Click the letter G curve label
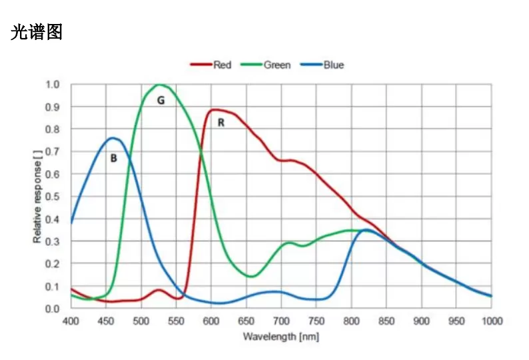click(x=161, y=100)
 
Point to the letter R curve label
click(x=221, y=123)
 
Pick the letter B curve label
click(x=113, y=158)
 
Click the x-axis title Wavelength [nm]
click(x=280, y=337)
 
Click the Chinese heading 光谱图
click(x=37, y=31)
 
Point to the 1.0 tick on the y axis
click(x=52, y=85)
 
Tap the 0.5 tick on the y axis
click(x=52, y=197)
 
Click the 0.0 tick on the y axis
click(x=52, y=309)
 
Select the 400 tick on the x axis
click(x=71, y=321)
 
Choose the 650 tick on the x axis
click(x=246, y=321)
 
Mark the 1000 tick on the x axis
click(x=491, y=321)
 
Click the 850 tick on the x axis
click(x=386, y=321)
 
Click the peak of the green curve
click(x=159, y=85)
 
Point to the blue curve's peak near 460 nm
click(x=113, y=138)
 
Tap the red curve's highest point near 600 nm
click(x=214, y=109)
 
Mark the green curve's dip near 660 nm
click(x=251, y=276)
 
